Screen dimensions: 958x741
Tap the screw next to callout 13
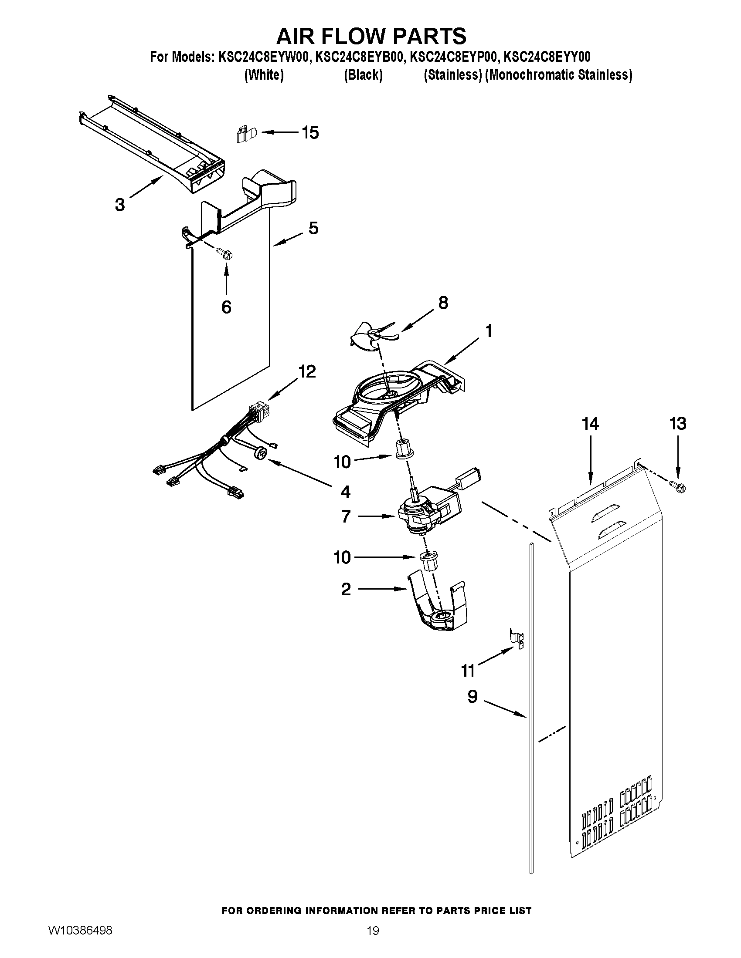tap(678, 486)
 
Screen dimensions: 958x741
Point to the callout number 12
tap(307, 371)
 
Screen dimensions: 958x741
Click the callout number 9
tap(472, 697)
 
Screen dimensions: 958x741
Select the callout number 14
tap(590, 424)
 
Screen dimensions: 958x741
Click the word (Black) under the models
tap(363, 75)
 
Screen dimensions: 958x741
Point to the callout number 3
tap(119, 204)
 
